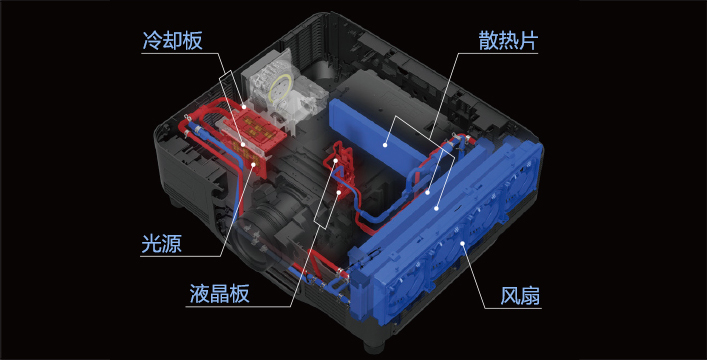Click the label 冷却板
point(173,41)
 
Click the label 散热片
point(508,41)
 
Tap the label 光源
point(161,244)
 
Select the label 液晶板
point(219,294)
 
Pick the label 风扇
point(520,296)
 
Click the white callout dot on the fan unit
point(463,244)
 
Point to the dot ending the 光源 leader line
point(253,164)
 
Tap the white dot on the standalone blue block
point(385,145)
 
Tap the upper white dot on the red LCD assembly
point(336,161)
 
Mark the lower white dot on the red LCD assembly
point(340,192)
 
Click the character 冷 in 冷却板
point(152,41)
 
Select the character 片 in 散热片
point(528,41)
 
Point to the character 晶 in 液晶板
point(219,294)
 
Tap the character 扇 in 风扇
point(530,296)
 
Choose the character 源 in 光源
point(172,244)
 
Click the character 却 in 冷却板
point(173,41)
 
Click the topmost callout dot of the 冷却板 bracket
point(244,107)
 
